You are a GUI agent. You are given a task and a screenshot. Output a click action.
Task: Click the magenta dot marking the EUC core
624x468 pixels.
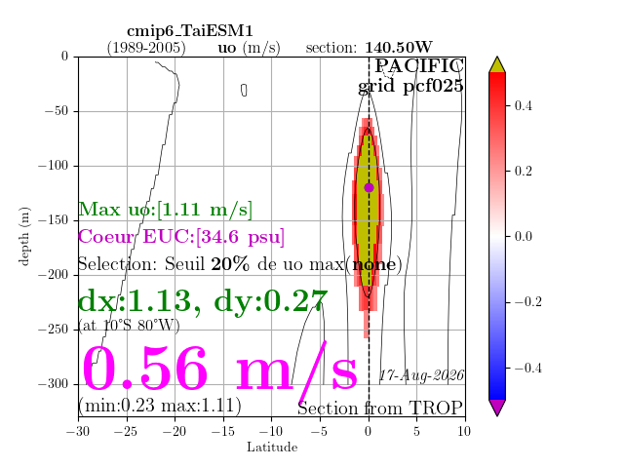click(x=369, y=187)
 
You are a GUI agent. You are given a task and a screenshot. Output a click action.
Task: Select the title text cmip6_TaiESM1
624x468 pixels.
click(x=190, y=31)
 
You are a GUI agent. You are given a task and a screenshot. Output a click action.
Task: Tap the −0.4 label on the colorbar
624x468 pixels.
click(x=527, y=368)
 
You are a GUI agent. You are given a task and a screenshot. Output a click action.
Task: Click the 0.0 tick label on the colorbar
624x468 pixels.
click(x=524, y=236)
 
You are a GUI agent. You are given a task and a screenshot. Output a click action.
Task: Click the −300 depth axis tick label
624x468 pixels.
click(x=55, y=383)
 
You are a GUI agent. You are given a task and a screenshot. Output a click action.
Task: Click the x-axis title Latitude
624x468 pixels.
click(x=272, y=448)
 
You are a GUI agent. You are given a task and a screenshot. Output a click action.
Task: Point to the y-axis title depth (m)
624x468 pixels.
click(x=23, y=236)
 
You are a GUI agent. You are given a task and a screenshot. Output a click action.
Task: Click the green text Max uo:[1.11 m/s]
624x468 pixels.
click(x=165, y=209)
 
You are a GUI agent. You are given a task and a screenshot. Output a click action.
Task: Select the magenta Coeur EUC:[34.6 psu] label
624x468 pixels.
click(x=181, y=237)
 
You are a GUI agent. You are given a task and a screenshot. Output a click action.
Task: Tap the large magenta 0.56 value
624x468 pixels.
click(x=144, y=369)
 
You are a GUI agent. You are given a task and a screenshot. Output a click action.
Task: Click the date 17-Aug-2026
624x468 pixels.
click(x=421, y=375)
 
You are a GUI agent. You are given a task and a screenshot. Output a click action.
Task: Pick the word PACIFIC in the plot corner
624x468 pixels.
click(x=419, y=66)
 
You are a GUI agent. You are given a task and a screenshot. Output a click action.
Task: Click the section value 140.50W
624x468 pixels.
click(x=399, y=48)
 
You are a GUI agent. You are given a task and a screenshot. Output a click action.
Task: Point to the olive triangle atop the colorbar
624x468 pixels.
click(x=497, y=65)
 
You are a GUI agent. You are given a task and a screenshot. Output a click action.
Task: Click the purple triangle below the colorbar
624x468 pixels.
click(x=497, y=408)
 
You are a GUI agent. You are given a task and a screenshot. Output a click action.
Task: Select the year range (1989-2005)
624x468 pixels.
click(x=146, y=48)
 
